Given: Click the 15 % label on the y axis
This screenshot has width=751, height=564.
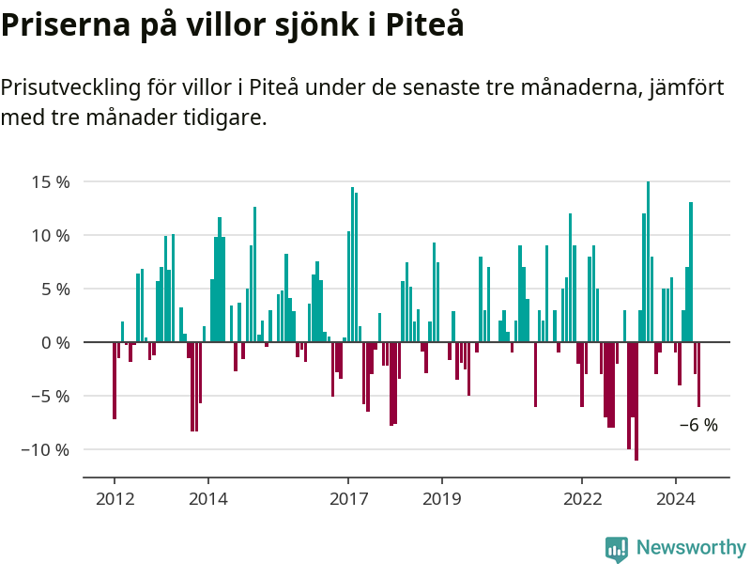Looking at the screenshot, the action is click(51, 182).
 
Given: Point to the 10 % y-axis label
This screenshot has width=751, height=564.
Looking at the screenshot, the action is click(51, 236).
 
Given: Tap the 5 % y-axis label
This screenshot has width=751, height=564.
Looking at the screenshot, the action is click(55, 290).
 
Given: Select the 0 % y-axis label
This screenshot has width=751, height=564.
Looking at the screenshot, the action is click(55, 343).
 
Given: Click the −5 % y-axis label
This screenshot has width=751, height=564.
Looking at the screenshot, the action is click(51, 397).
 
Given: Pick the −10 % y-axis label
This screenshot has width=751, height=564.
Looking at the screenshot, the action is click(45, 450).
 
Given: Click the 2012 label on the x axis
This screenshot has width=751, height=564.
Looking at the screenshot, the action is click(115, 499).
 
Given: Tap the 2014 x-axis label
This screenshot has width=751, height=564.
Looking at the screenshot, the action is click(207, 499).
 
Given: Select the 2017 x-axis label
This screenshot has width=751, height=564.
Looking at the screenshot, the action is click(348, 499).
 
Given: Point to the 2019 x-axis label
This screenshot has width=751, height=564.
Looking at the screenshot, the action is click(441, 499).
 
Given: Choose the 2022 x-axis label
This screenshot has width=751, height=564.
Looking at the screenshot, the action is click(582, 499).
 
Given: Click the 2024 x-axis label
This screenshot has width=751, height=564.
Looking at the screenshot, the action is click(675, 499).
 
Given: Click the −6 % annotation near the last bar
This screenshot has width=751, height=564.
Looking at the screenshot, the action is click(698, 425).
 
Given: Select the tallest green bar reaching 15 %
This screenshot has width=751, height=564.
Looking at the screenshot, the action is click(648, 262).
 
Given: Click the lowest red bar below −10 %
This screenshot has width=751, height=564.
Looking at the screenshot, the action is click(636, 401).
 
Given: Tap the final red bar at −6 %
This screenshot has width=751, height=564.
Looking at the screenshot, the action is click(698, 374).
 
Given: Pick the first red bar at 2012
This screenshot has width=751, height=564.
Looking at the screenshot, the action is click(115, 381).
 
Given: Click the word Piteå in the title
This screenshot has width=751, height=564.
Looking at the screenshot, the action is click(425, 24).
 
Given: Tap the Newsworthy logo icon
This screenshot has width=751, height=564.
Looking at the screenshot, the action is click(617, 549).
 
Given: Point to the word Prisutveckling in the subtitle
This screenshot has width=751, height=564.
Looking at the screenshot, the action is click(71, 88).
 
